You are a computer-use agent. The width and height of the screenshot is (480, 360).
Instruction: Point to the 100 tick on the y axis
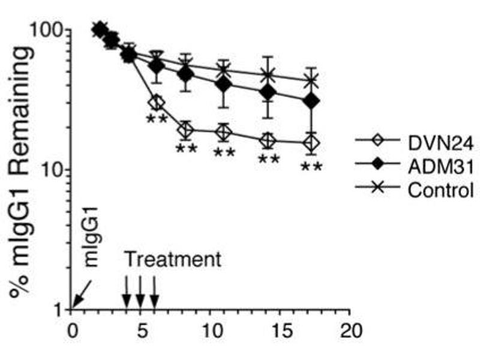pyautogui.click(x=47, y=30)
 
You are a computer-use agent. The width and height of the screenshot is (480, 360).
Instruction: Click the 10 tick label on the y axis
pyautogui.click(x=51, y=170)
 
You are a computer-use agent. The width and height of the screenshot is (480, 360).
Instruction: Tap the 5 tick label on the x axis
pyautogui.click(x=141, y=331)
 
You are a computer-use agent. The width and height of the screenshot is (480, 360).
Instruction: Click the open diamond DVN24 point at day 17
pyautogui.click(x=311, y=143)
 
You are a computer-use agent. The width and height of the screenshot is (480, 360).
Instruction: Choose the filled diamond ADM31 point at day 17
pyautogui.click(x=311, y=102)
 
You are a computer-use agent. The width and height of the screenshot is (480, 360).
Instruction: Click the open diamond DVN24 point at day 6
pyautogui.click(x=156, y=103)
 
